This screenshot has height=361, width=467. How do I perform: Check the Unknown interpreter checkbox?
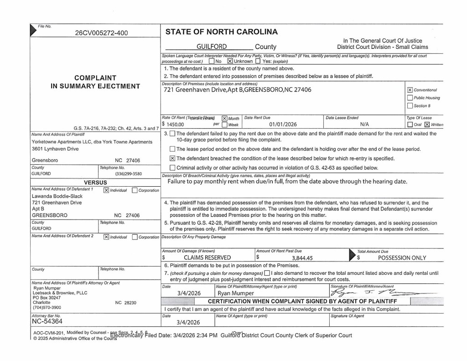click(230, 61)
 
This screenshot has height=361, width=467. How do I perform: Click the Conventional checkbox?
click(410, 90)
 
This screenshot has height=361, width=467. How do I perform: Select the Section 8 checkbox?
click(410, 105)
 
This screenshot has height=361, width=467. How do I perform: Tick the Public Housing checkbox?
click(410, 98)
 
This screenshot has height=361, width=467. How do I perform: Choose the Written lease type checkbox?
click(427, 124)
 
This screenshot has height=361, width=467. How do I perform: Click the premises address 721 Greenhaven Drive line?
click(237, 89)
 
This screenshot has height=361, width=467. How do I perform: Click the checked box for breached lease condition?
click(172, 158)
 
